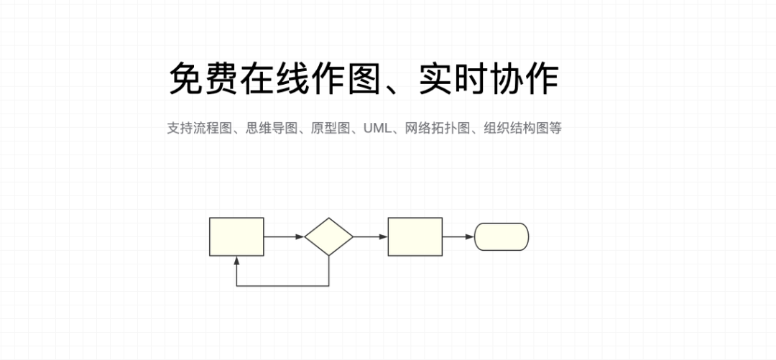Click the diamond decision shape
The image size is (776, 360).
328,236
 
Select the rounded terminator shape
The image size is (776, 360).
502,236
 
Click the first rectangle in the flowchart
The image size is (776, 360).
236,236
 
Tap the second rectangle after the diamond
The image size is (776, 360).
415,236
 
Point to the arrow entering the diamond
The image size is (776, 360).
284,236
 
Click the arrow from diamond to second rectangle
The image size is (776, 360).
371,236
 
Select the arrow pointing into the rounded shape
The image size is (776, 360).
458,236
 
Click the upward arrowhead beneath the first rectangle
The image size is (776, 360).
236,259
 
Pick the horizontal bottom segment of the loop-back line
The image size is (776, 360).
282,286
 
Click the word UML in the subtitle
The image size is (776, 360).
374,129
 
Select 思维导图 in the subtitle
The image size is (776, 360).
272,129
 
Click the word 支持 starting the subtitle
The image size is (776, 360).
177,129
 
